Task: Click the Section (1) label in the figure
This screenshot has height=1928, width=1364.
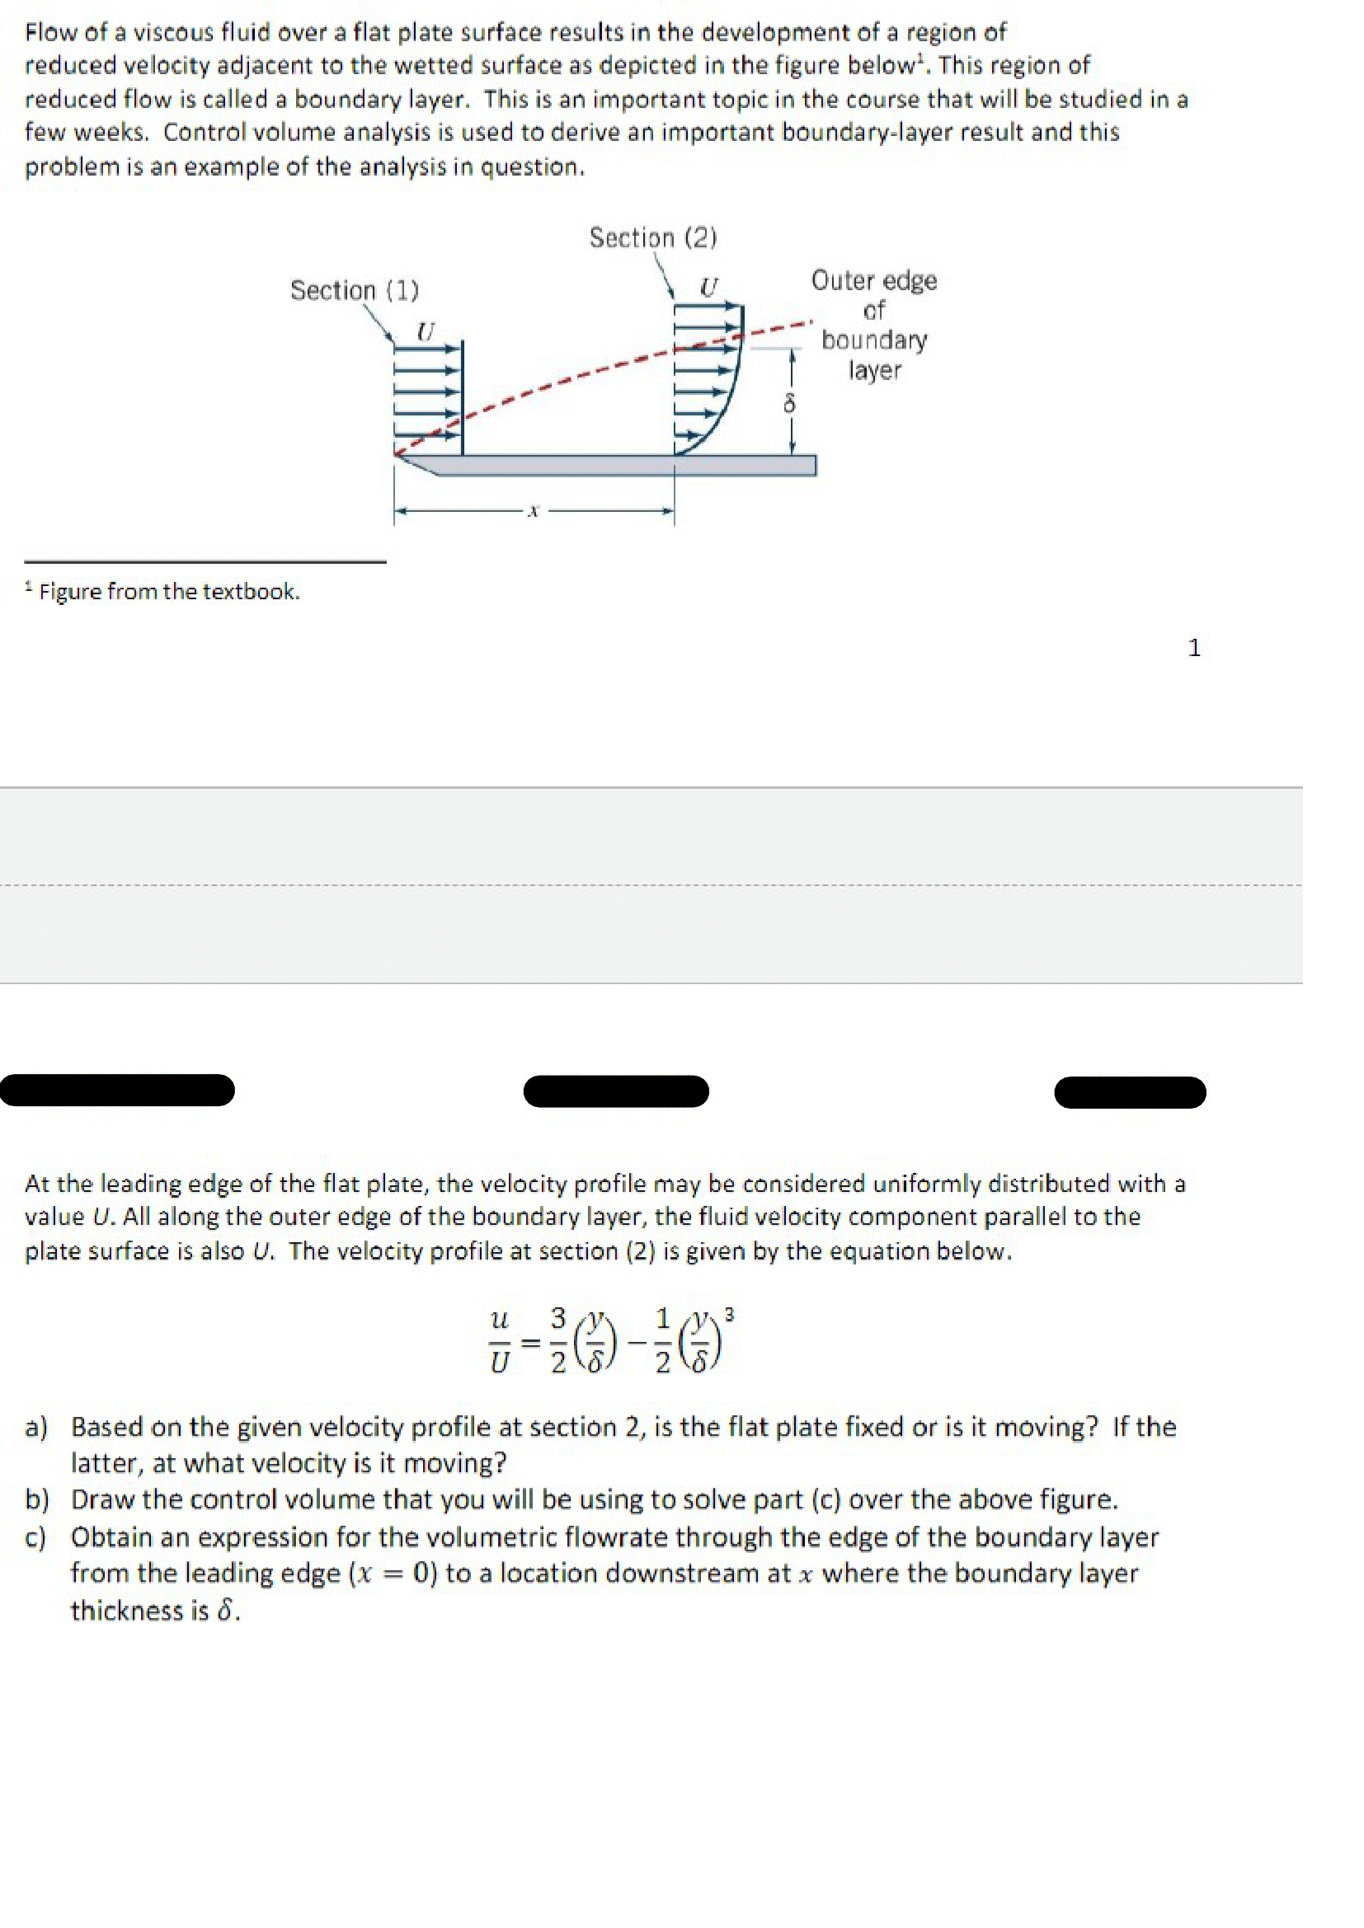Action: click(354, 290)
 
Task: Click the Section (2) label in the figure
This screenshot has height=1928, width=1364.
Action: click(652, 238)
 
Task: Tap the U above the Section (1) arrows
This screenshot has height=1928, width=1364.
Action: click(426, 331)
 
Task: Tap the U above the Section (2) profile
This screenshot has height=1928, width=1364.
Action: click(709, 288)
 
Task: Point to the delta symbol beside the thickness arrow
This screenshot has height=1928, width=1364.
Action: click(788, 405)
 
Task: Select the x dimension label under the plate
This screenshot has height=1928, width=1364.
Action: click(532, 510)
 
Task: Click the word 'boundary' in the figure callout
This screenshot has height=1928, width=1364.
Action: click(873, 340)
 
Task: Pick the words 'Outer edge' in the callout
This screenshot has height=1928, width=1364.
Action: click(873, 280)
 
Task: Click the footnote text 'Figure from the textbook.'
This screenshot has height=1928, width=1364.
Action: click(169, 592)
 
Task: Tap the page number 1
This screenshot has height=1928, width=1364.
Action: click(1193, 647)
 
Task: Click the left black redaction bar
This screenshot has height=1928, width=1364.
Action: click(118, 1090)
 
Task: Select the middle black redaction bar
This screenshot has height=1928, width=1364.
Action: click(616, 1091)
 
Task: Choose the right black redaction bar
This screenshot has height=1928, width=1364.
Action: click(1130, 1092)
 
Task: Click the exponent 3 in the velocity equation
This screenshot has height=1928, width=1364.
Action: click(729, 1316)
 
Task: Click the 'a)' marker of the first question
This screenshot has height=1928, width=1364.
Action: click(36, 1427)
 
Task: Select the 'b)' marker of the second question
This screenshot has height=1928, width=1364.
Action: click(36, 1499)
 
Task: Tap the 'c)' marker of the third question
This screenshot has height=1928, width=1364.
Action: click(35, 1536)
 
